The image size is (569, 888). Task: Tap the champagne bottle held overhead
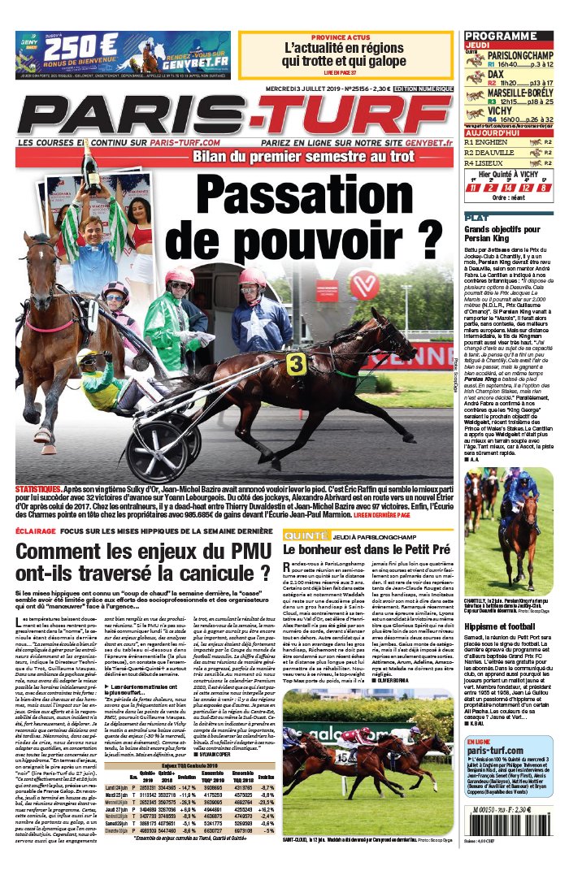(88, 163)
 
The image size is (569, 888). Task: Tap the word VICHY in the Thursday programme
(501, 110)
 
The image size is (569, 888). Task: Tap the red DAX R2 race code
(471, 81)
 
